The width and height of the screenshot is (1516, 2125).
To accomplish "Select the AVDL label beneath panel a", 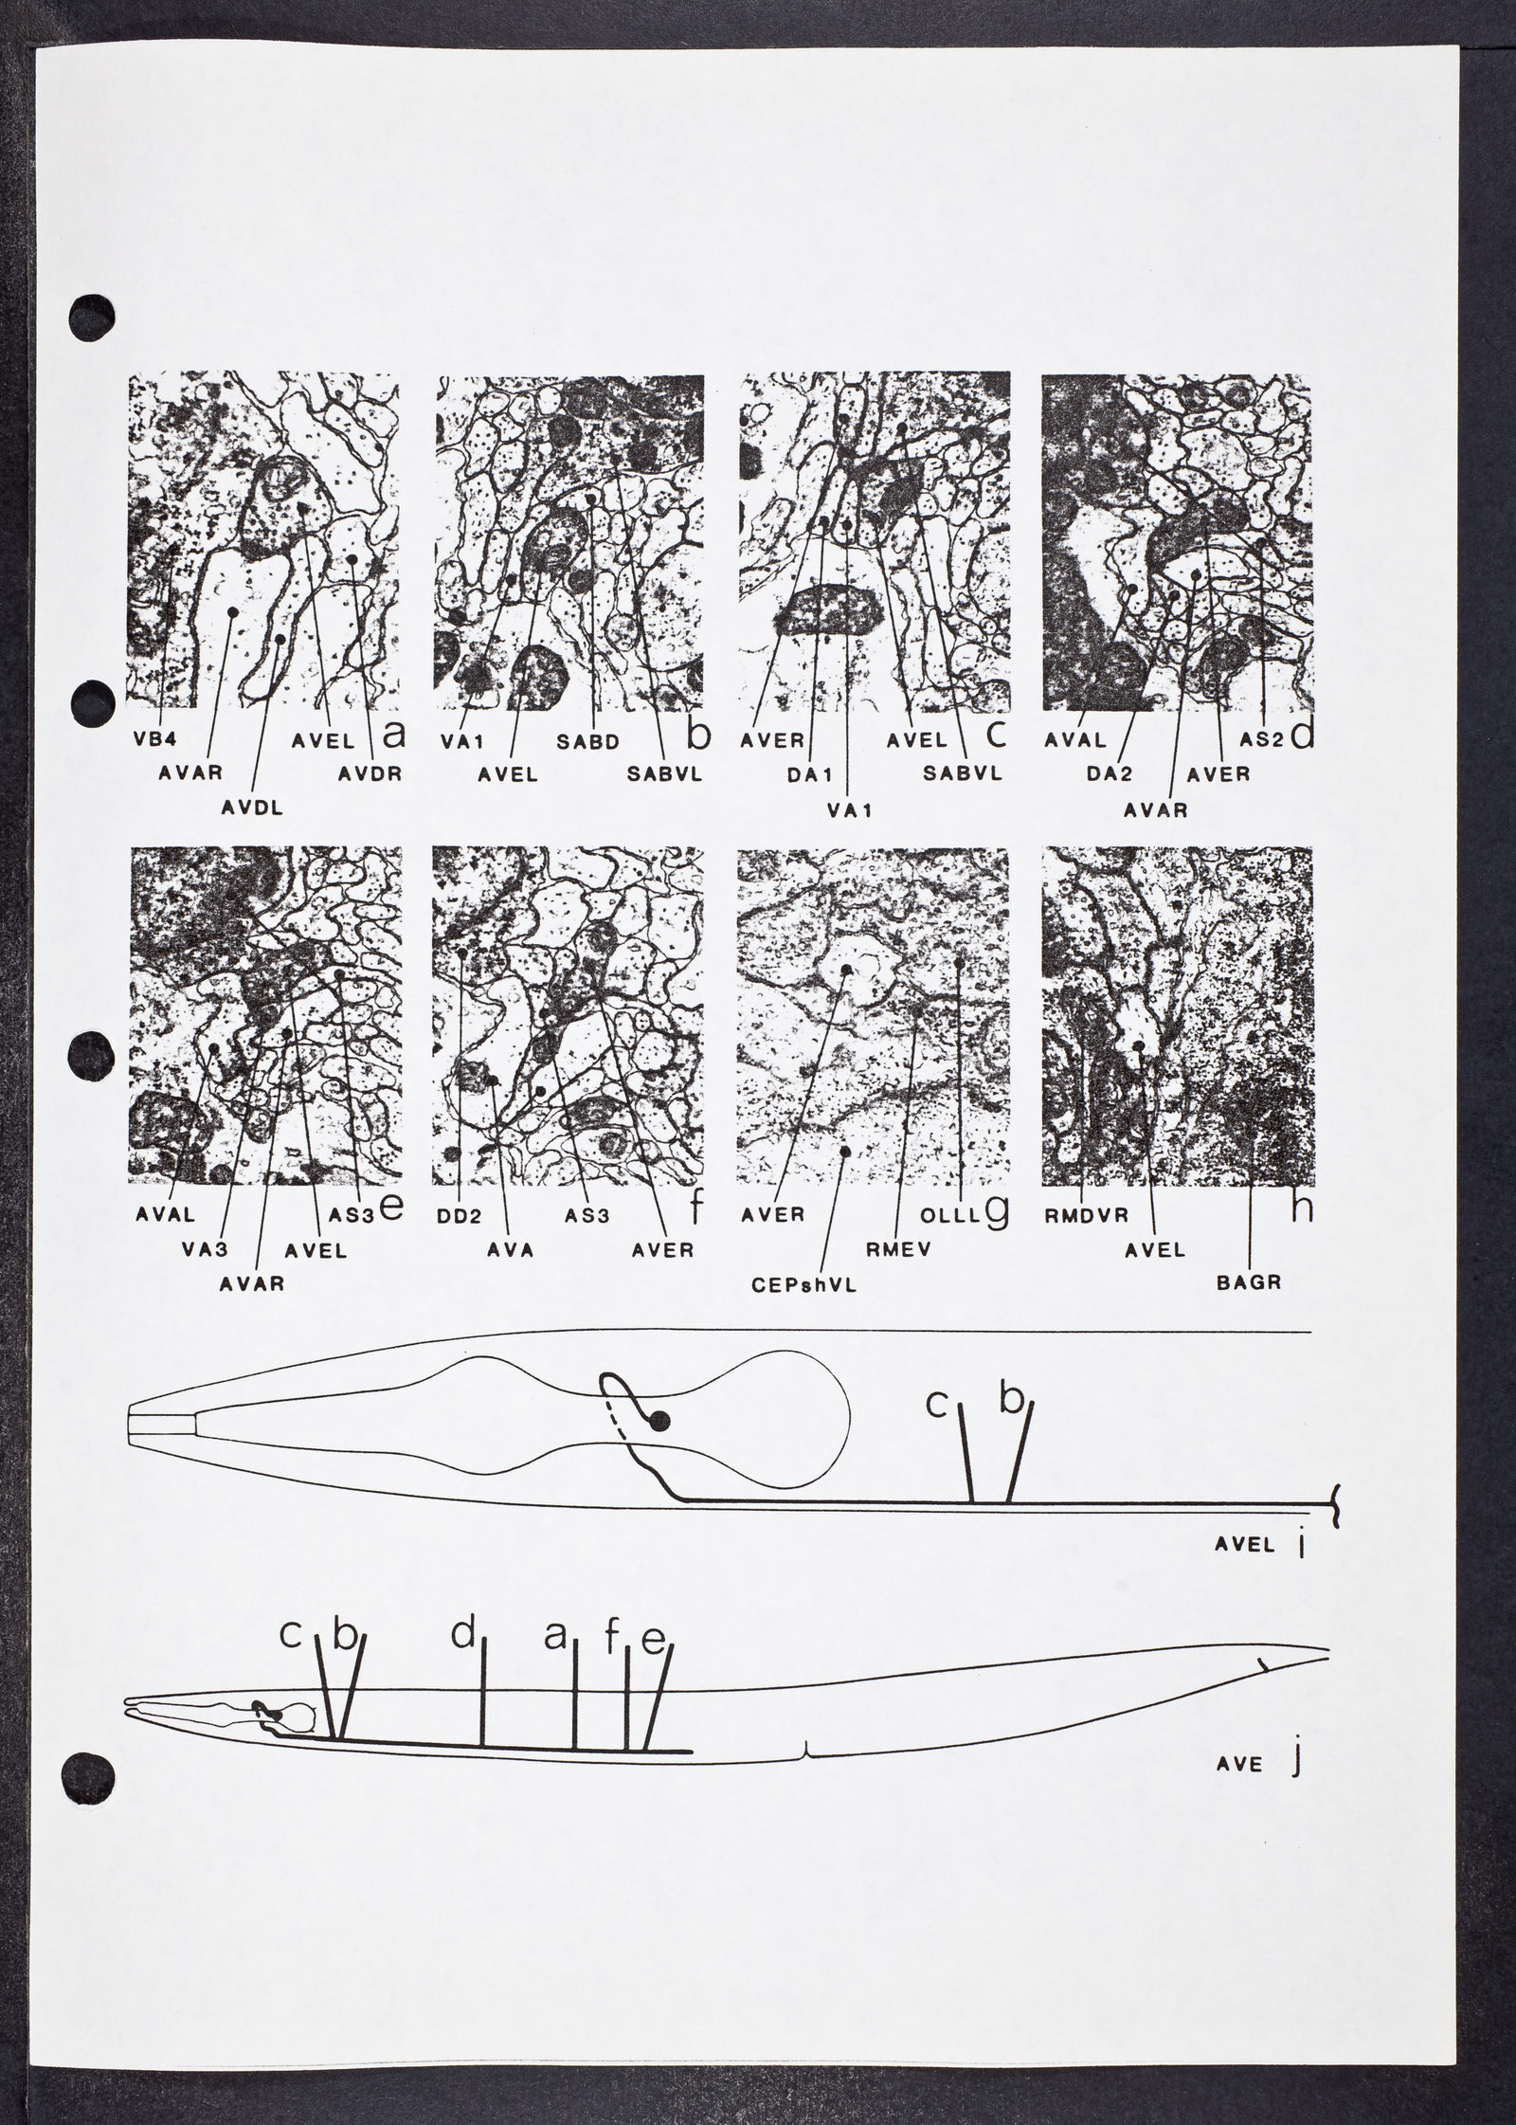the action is [254, 808].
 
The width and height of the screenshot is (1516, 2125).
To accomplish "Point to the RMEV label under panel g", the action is [893, 1250].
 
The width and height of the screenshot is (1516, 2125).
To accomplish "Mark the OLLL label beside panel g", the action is [955, 1217].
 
